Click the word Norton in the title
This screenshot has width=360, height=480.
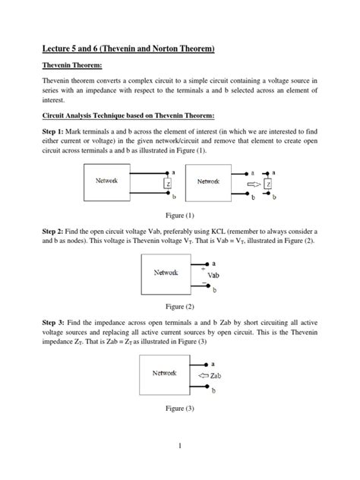[163, 49]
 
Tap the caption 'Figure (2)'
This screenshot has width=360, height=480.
[180, 306]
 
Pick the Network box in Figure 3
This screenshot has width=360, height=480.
[164, 374]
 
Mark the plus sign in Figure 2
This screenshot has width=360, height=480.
[203, 268]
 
